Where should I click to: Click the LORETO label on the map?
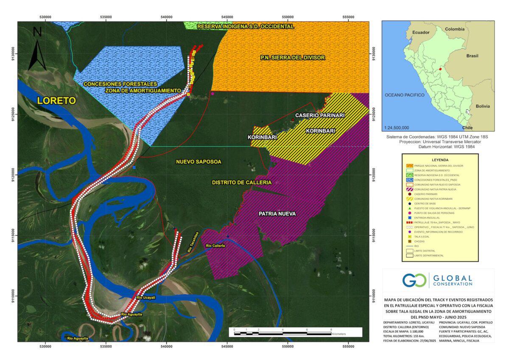56,100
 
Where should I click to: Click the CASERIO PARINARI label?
319,115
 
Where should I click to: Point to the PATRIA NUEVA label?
277,214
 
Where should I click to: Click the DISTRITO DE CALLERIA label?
241,182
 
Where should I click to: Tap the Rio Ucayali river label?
146,298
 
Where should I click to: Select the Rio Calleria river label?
215,246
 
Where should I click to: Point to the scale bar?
295,332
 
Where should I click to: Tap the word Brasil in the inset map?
473,56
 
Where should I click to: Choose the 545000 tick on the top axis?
227,17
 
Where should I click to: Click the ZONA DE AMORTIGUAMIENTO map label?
144,90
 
